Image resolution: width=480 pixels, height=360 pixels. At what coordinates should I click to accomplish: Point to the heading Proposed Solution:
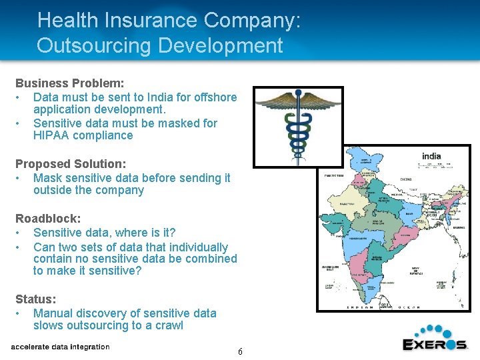[71, 163]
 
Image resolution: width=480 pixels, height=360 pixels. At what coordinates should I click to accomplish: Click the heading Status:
[36, 299]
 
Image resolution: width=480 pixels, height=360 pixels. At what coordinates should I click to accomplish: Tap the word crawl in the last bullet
[168, 325]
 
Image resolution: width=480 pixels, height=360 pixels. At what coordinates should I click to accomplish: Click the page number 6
[240, 351]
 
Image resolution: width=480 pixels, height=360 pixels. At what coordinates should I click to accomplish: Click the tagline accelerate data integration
[60, 347]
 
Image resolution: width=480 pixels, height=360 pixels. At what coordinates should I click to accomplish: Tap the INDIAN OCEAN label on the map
[384, 307]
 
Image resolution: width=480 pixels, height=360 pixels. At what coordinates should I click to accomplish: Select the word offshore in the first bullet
[215, 97]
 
